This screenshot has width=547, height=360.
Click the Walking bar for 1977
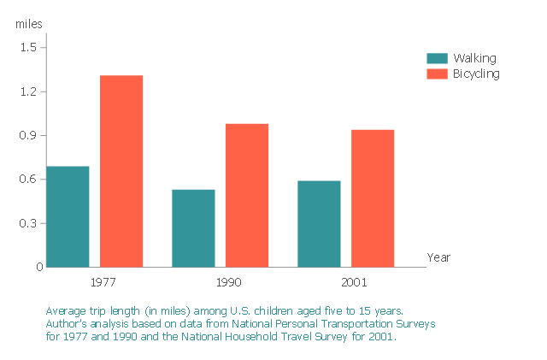(x=68, y=216)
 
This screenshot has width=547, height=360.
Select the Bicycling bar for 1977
(x=121, y=171)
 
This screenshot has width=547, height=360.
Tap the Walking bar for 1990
(x=193, y=228)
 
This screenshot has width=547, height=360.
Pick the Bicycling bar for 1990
(x=247, y=195)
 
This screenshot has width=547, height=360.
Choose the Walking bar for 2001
(x=319, y=224)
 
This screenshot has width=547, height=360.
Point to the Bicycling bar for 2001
(x=373, y=198)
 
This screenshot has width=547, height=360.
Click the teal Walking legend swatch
(x=437, y=58)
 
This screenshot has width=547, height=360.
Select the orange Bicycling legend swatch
(x=437, y=74)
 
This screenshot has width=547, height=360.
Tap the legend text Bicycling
(x=476, y=74)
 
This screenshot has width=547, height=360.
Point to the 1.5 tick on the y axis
(x=28, y=47)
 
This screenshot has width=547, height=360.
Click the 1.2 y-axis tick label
(x=28, y=91)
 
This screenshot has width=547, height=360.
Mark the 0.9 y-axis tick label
(x=28, y=135)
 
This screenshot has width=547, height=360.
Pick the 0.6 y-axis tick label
(x=28, y=179)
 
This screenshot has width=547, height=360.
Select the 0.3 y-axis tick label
(x=28, y=223)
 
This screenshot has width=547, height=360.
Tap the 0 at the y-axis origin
(x=38, y=267)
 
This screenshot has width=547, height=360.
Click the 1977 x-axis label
(x=103, y=281)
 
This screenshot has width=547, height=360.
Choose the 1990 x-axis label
(x=228, y=281)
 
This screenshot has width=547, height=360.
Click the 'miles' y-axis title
(x=28, y=23)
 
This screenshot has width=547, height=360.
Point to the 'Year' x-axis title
(x=438, y=257)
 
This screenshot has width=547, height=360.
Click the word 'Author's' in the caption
(x=68, y=324)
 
